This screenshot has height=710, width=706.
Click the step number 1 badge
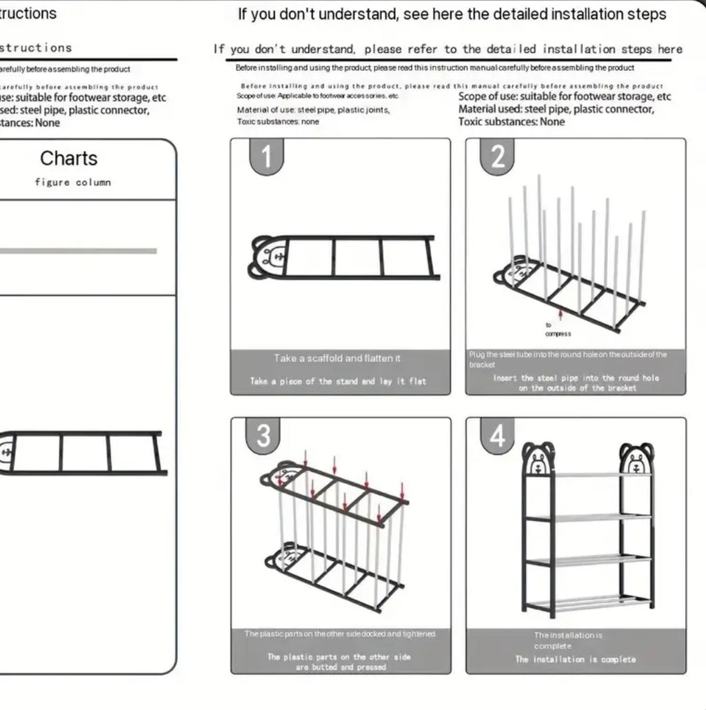(x=265, y=156)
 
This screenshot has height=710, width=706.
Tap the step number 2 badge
(x=498, y=156)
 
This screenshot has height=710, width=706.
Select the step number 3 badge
(x=263, y=436)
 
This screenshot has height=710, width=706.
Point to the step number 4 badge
(x=497, y=436)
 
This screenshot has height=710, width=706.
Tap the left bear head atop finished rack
(x=538, y=458)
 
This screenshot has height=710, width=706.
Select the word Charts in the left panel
(x=69, y=159)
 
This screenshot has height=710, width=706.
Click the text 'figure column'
(x=72, y=183)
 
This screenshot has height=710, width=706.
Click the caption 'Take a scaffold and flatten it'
(x=337, y=358)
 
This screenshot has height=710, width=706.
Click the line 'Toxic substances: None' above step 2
(x=512, y=122)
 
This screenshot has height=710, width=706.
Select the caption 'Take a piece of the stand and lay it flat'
(x=338, y=381)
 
